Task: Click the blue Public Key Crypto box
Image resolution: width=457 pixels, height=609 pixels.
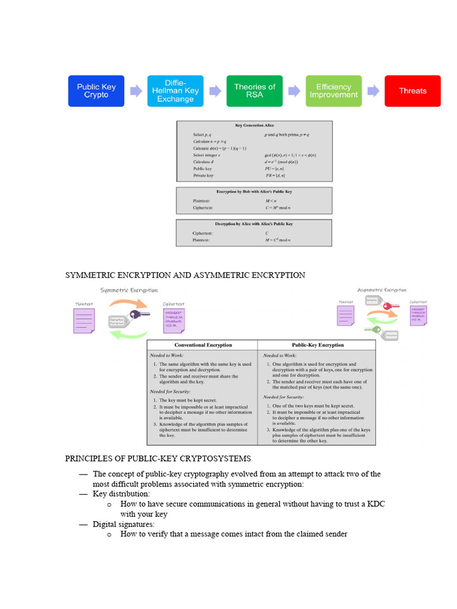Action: (96, 91)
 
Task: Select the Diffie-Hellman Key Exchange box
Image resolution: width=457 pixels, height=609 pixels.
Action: (175, 91)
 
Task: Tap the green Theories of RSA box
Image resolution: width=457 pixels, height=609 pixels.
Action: (254, 91)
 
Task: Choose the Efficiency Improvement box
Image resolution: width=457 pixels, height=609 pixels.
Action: (333, 91)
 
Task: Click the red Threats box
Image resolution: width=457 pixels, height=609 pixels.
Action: (412, 91)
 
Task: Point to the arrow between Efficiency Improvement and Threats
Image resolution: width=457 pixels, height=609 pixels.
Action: (373, 91)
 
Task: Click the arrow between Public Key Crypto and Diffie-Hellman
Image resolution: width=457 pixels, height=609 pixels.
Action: (136, 91)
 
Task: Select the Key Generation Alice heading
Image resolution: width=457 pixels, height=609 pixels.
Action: (254, 127)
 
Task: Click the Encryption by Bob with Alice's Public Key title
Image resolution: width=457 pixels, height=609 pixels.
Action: (254, 192)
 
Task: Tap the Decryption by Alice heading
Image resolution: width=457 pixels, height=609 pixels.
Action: (254, 224)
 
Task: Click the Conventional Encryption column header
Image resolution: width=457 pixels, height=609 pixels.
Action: (203, 345)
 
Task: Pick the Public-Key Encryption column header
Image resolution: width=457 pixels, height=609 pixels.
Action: (317, 345)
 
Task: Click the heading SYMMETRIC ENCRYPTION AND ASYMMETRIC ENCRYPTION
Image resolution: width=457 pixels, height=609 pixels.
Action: (185, 275)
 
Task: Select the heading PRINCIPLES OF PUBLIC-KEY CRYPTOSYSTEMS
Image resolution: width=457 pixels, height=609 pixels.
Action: (158, 459)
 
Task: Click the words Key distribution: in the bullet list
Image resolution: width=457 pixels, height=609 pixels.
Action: (121, 494)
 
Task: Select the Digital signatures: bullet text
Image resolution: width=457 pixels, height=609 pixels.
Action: (124, 524)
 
